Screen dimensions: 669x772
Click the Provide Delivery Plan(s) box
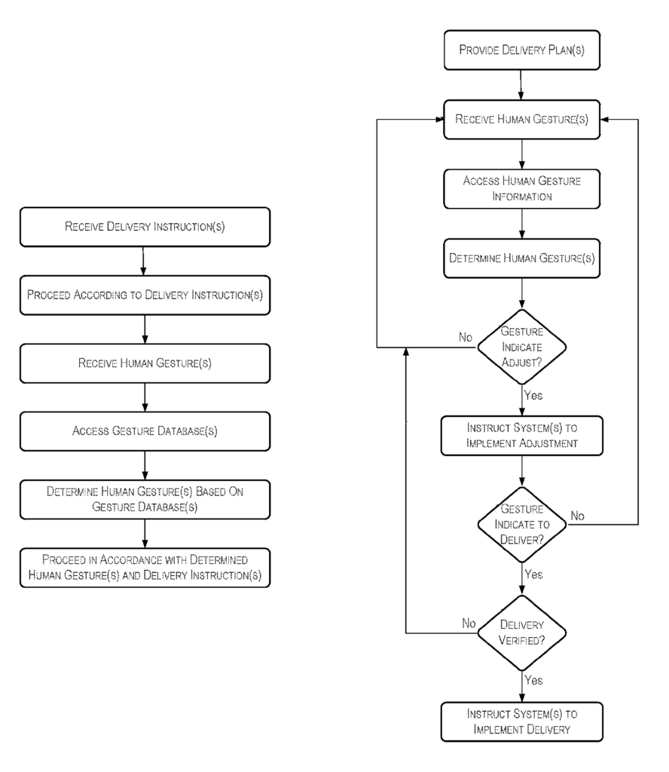coord(522,50)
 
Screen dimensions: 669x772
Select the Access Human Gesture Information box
coord(522,188)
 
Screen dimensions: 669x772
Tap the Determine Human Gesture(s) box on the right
coord(522,259)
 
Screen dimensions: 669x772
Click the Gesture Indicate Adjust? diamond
coord(522,347)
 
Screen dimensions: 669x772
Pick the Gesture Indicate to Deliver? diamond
coord(522,525)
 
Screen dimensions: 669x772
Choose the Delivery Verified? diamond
coord(522,633)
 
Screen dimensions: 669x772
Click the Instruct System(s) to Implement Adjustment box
coord(522,436)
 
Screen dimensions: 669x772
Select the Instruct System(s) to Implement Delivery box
coord(522,721)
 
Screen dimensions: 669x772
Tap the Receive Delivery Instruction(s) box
coord(145,227)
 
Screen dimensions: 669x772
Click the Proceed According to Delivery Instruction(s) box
coord(145,295)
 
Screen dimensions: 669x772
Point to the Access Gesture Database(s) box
coord(145,431)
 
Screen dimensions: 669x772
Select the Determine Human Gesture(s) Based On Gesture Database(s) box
coord(145,499)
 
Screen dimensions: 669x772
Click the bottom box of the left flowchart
coord(145,568)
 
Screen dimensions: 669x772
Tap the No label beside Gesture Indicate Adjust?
coord(466,337)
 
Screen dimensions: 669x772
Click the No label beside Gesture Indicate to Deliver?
coord(578,516)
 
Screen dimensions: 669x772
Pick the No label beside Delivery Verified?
coord(469,623)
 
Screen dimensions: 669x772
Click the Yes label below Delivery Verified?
coord(533,680)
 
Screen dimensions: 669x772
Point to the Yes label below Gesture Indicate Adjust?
coord(533,395)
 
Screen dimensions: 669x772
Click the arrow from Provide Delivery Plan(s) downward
coord(521,84)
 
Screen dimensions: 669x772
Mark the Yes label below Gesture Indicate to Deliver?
coord(533,574)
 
